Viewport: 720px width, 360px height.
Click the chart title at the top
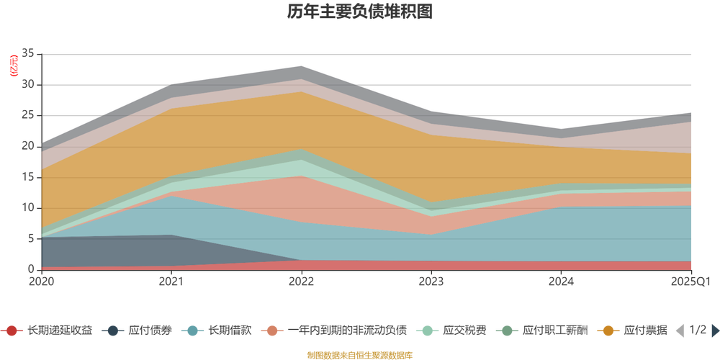360,12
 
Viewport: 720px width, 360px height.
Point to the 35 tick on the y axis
29,53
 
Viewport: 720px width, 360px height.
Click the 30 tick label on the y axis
29,84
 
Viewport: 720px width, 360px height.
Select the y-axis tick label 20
29,146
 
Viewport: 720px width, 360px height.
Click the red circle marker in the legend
12,330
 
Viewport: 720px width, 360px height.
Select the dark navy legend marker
112,330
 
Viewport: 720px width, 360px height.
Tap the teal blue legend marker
192,330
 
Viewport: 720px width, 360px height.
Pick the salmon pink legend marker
272,330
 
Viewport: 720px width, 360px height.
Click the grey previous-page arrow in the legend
678,330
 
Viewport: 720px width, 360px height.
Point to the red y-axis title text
11,66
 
